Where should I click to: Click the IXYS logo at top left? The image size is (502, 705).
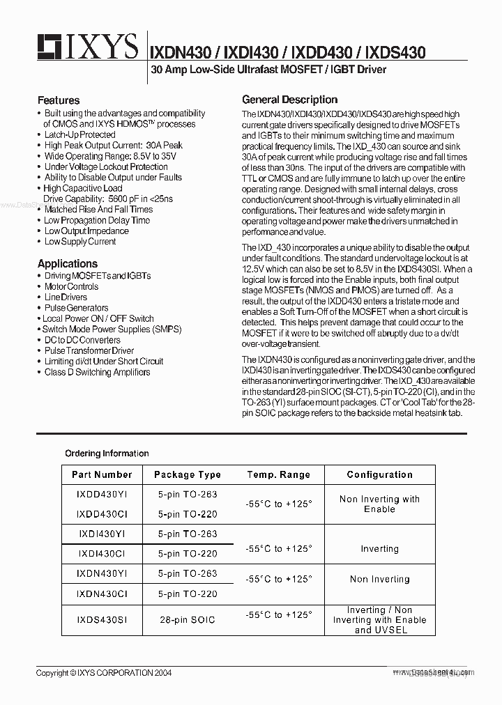88,47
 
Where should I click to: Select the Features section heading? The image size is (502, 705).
59,100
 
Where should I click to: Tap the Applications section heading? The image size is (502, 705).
68,264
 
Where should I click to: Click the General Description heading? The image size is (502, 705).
290,99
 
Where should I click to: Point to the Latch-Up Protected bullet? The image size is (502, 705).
79,134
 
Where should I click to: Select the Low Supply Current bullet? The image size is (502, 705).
80,242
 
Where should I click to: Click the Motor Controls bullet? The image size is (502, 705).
71,286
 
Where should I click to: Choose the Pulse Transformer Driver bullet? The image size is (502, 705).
89,350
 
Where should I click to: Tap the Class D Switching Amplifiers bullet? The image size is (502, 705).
97,372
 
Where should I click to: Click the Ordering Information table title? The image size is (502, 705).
107,454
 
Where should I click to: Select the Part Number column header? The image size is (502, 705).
102,474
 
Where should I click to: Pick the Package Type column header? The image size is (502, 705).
188,474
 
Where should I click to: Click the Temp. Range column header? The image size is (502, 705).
278,474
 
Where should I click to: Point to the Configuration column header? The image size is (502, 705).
379,474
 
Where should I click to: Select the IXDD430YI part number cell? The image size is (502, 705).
102,494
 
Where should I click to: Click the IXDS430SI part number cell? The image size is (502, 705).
102,619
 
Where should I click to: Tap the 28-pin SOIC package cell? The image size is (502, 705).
188,619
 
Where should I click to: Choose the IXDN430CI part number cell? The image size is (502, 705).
102,594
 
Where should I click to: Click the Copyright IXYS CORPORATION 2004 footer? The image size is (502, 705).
104,673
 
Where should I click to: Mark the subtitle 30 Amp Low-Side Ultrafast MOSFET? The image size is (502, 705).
268,70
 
